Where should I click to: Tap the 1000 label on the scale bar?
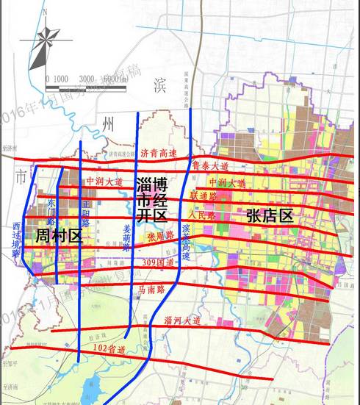[62, 79]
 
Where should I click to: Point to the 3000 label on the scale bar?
[87, 79]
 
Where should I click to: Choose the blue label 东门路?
[51, 209]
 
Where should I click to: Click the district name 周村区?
[57, 235]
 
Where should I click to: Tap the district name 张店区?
[270, 215]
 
